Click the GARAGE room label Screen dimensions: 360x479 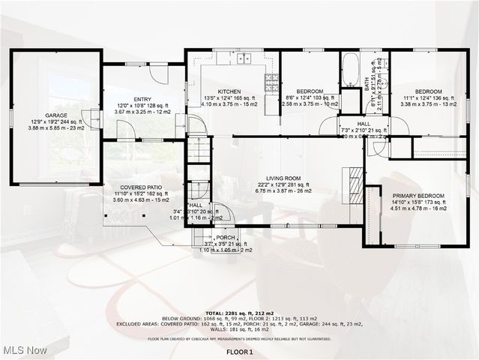(55, 115)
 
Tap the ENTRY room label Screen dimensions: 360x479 (142, 99)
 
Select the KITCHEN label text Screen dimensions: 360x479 (229, 91)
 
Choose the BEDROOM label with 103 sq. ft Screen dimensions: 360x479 (309, 91)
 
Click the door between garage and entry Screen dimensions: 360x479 (96, 118)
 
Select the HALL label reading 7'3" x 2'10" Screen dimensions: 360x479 (363, 124)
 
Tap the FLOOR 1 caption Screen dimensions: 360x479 (240, 352)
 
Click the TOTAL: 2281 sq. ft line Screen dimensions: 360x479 (239, 312)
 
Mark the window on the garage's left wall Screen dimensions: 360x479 (10, 118)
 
